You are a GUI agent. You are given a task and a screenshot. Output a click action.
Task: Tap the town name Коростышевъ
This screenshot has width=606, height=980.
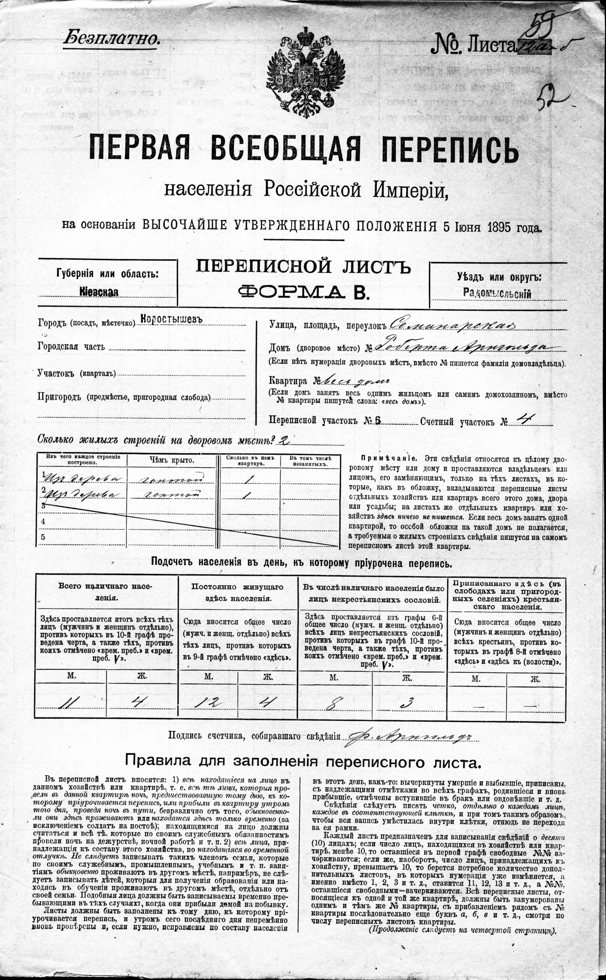tap(171, 318)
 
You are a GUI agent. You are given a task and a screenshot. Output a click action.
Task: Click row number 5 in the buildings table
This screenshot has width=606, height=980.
tap(43, 537)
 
